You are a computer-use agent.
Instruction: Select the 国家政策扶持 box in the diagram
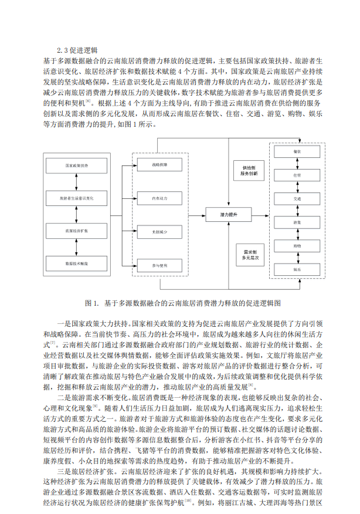(x=77, y=166)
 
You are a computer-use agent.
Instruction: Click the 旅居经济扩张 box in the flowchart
(x=77, y=232)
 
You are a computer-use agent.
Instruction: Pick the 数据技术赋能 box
(x=77, y=264)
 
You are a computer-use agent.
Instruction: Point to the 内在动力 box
(x=159, y=198)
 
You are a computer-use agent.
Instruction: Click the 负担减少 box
(x=159, y=232)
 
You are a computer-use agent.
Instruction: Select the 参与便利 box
(x=159, y=266)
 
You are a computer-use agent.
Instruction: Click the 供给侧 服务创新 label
(x=248, y=171)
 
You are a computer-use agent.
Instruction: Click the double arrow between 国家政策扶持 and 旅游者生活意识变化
(x=77, y=182)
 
